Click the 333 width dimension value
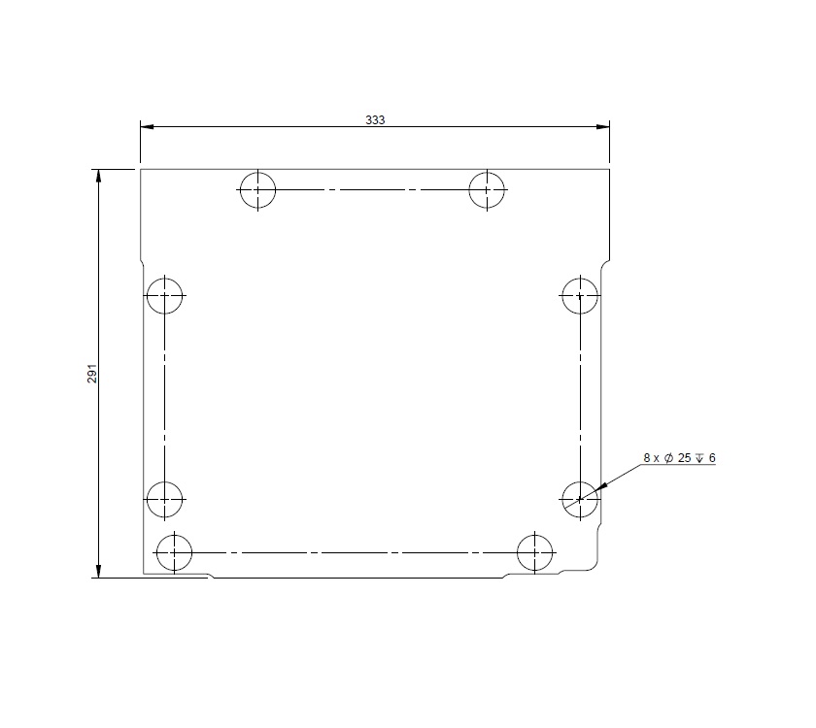point(375,119)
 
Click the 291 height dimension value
point(92,374)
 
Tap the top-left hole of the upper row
point(257,189)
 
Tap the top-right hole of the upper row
point(487,189)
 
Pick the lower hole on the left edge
point(165,499)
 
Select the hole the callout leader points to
point(580,499)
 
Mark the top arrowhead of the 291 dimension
point(98,176)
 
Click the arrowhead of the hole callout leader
point(600,486)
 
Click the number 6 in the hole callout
point(712,457)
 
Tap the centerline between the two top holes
point(372,189)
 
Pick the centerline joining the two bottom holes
point(355,552)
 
